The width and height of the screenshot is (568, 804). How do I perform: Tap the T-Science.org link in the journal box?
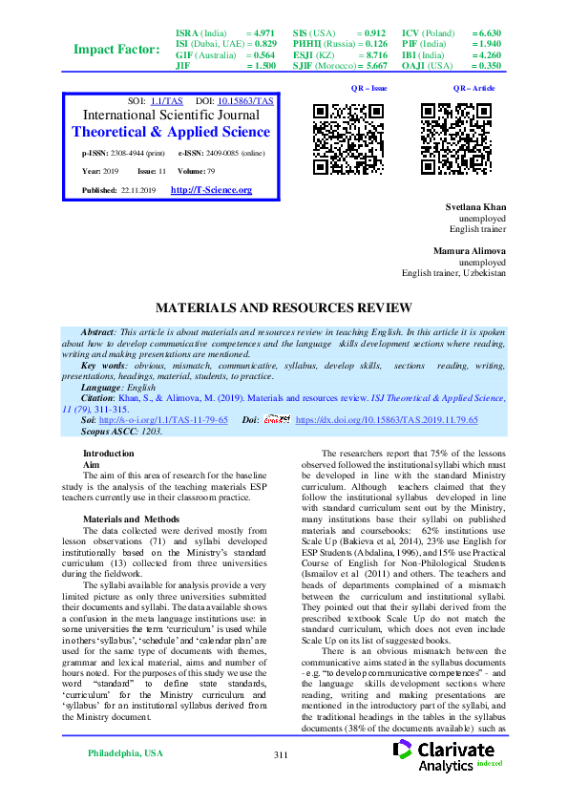[210, 190]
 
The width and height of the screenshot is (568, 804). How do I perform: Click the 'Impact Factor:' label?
[117, 49]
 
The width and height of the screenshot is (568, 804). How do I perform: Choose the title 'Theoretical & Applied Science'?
[171, 132]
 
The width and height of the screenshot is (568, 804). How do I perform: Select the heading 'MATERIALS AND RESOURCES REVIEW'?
[284, 307]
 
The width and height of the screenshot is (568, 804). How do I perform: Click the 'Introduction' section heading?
[109, 453]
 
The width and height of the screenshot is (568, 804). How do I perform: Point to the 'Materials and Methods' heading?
[131, 518]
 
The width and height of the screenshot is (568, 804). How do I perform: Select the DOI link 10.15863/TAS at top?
[246, 99]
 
